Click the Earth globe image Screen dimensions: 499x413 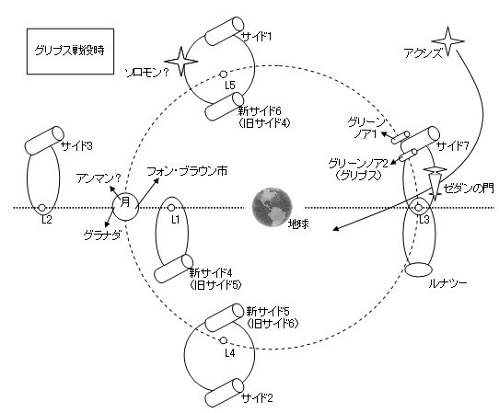273,207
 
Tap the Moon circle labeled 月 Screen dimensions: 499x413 126,208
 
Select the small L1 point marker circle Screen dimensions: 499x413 171,208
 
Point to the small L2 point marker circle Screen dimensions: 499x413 42,208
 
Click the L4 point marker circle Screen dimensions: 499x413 224,340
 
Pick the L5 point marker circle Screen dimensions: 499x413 224,75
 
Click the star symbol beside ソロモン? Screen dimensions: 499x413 181,62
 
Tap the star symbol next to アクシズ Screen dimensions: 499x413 447,41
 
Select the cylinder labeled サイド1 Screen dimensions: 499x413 225,31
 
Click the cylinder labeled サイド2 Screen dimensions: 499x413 224,393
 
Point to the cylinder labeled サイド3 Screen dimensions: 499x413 44,140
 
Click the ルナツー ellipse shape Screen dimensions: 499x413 419,270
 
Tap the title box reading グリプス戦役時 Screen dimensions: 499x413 70,52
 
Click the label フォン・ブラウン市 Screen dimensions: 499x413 187,171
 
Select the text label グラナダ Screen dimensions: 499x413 102,235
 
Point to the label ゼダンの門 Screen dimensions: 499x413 469,189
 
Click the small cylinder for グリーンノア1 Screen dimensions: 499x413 400,138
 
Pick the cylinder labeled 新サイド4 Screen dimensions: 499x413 173,269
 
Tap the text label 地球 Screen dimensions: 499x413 298,224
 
